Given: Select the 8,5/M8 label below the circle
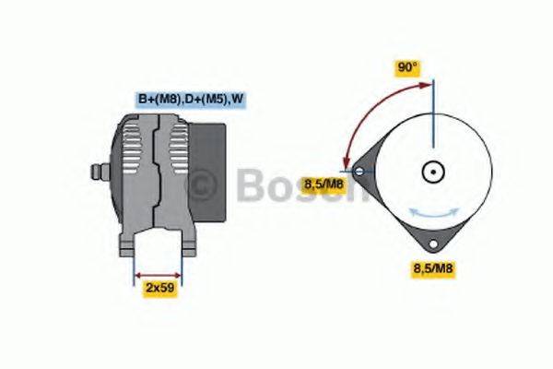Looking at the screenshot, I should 432,269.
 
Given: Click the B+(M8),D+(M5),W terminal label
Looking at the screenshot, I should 191,98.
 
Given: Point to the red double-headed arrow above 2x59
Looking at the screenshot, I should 159,274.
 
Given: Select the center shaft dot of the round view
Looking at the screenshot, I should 432,171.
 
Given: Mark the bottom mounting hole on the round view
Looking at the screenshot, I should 432,245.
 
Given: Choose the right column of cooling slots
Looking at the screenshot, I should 176,157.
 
